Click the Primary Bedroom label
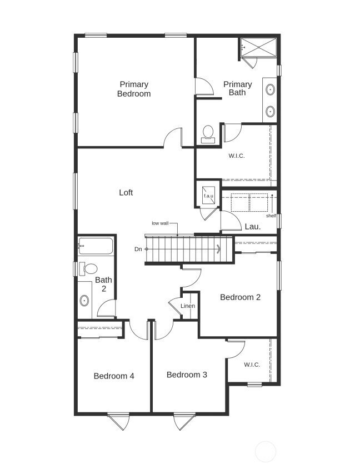click(133, 89)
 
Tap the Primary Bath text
click(237, 88)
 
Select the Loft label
click(126, 193)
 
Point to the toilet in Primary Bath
click(208, 133)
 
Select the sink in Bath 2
click(84, 301)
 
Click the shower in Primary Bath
click(258, 47)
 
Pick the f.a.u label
click(209, 196)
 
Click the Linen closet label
click(188, 306)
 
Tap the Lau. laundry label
click(253, 227)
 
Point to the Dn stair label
click(138, 249)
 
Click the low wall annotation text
click(160, 223)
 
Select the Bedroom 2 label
click(240, 297)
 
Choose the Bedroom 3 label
click(187, 375)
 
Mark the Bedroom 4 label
click(114, 376)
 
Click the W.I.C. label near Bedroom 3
click(252, 365)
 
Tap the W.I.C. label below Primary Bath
click(236, 156)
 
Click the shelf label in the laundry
click(271, 216)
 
